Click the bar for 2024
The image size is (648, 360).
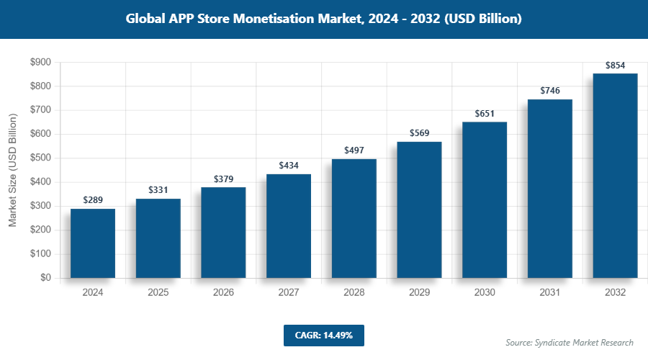pos(93,243)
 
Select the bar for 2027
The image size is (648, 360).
pos(289,226)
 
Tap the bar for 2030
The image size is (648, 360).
pos(485,200)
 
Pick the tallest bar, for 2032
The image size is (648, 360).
pos(615,176)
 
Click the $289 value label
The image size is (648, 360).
pos(93,199)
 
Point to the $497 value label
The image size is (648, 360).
pos(354,150)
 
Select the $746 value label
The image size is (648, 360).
pos(550,90)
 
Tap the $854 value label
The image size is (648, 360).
pos(615,65)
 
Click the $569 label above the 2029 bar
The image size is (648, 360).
pos(419,132)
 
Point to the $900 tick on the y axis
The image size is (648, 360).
pos(40,63)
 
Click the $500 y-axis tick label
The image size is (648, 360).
pos(40,158)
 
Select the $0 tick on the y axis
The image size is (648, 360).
pos(45,278)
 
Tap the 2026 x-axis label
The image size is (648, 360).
pos(223,293)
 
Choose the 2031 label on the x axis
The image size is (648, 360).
pos(550,293)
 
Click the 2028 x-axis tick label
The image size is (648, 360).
pos(354,293)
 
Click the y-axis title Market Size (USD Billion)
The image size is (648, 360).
pos(13,170)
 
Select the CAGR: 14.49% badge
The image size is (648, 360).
pos(323,335)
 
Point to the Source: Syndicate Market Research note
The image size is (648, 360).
pos(570,343)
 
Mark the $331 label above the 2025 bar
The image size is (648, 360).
pos(158,189)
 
